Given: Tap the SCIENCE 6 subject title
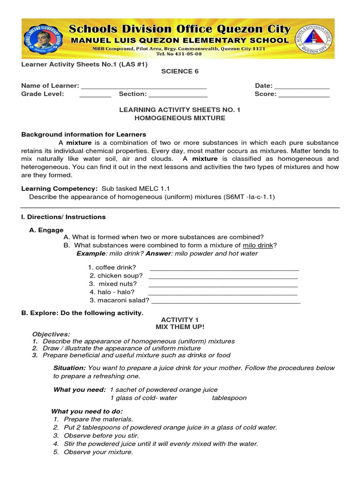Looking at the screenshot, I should (x=177, y=71).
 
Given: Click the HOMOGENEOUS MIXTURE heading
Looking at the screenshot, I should (x=180, y=118).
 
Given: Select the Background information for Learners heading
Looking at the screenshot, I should (x=84, y=135).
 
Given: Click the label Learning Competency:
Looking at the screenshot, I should (x=60, y=188).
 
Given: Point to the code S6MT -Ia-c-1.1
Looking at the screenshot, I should (x=248, y=197).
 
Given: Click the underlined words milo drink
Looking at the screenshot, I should (x=258, y=245).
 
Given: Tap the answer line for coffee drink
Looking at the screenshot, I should (x=224, y=269).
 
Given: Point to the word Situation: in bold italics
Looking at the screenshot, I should (x=69, y=368).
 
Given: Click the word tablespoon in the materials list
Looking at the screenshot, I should (x=229, y=398).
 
